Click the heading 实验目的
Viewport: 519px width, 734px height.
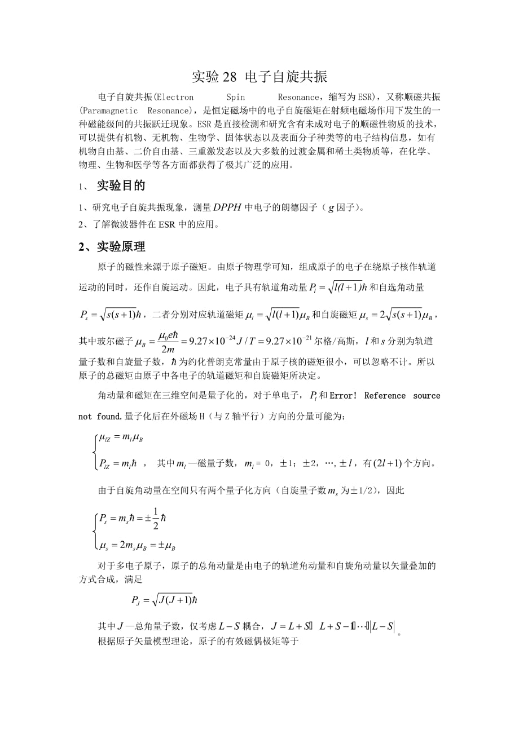click(x=121, y=185)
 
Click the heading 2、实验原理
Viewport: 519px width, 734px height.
click(x=112, y=247)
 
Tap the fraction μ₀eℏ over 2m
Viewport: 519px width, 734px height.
click(x=168, y=342)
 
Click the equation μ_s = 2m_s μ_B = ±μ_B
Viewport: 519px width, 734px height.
click(x=137, y=546)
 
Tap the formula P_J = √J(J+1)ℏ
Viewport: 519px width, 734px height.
click(x=164, y=600)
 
